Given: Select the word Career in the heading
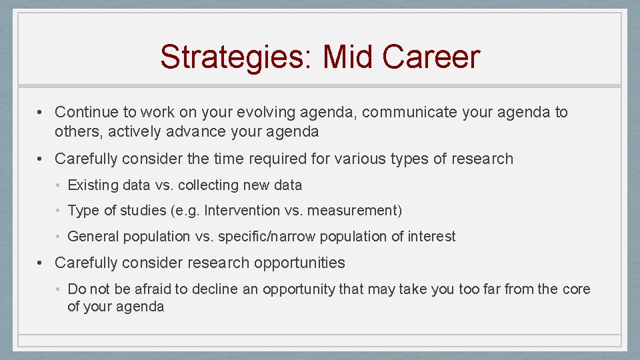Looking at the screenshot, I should pos(431,57).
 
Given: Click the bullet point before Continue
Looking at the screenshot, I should pos(41,112).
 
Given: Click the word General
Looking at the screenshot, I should pos(93,236).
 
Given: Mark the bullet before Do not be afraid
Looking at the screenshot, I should pos(60,289).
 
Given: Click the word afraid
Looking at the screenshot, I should pos(143,289).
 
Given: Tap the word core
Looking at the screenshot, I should pos(575,289).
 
